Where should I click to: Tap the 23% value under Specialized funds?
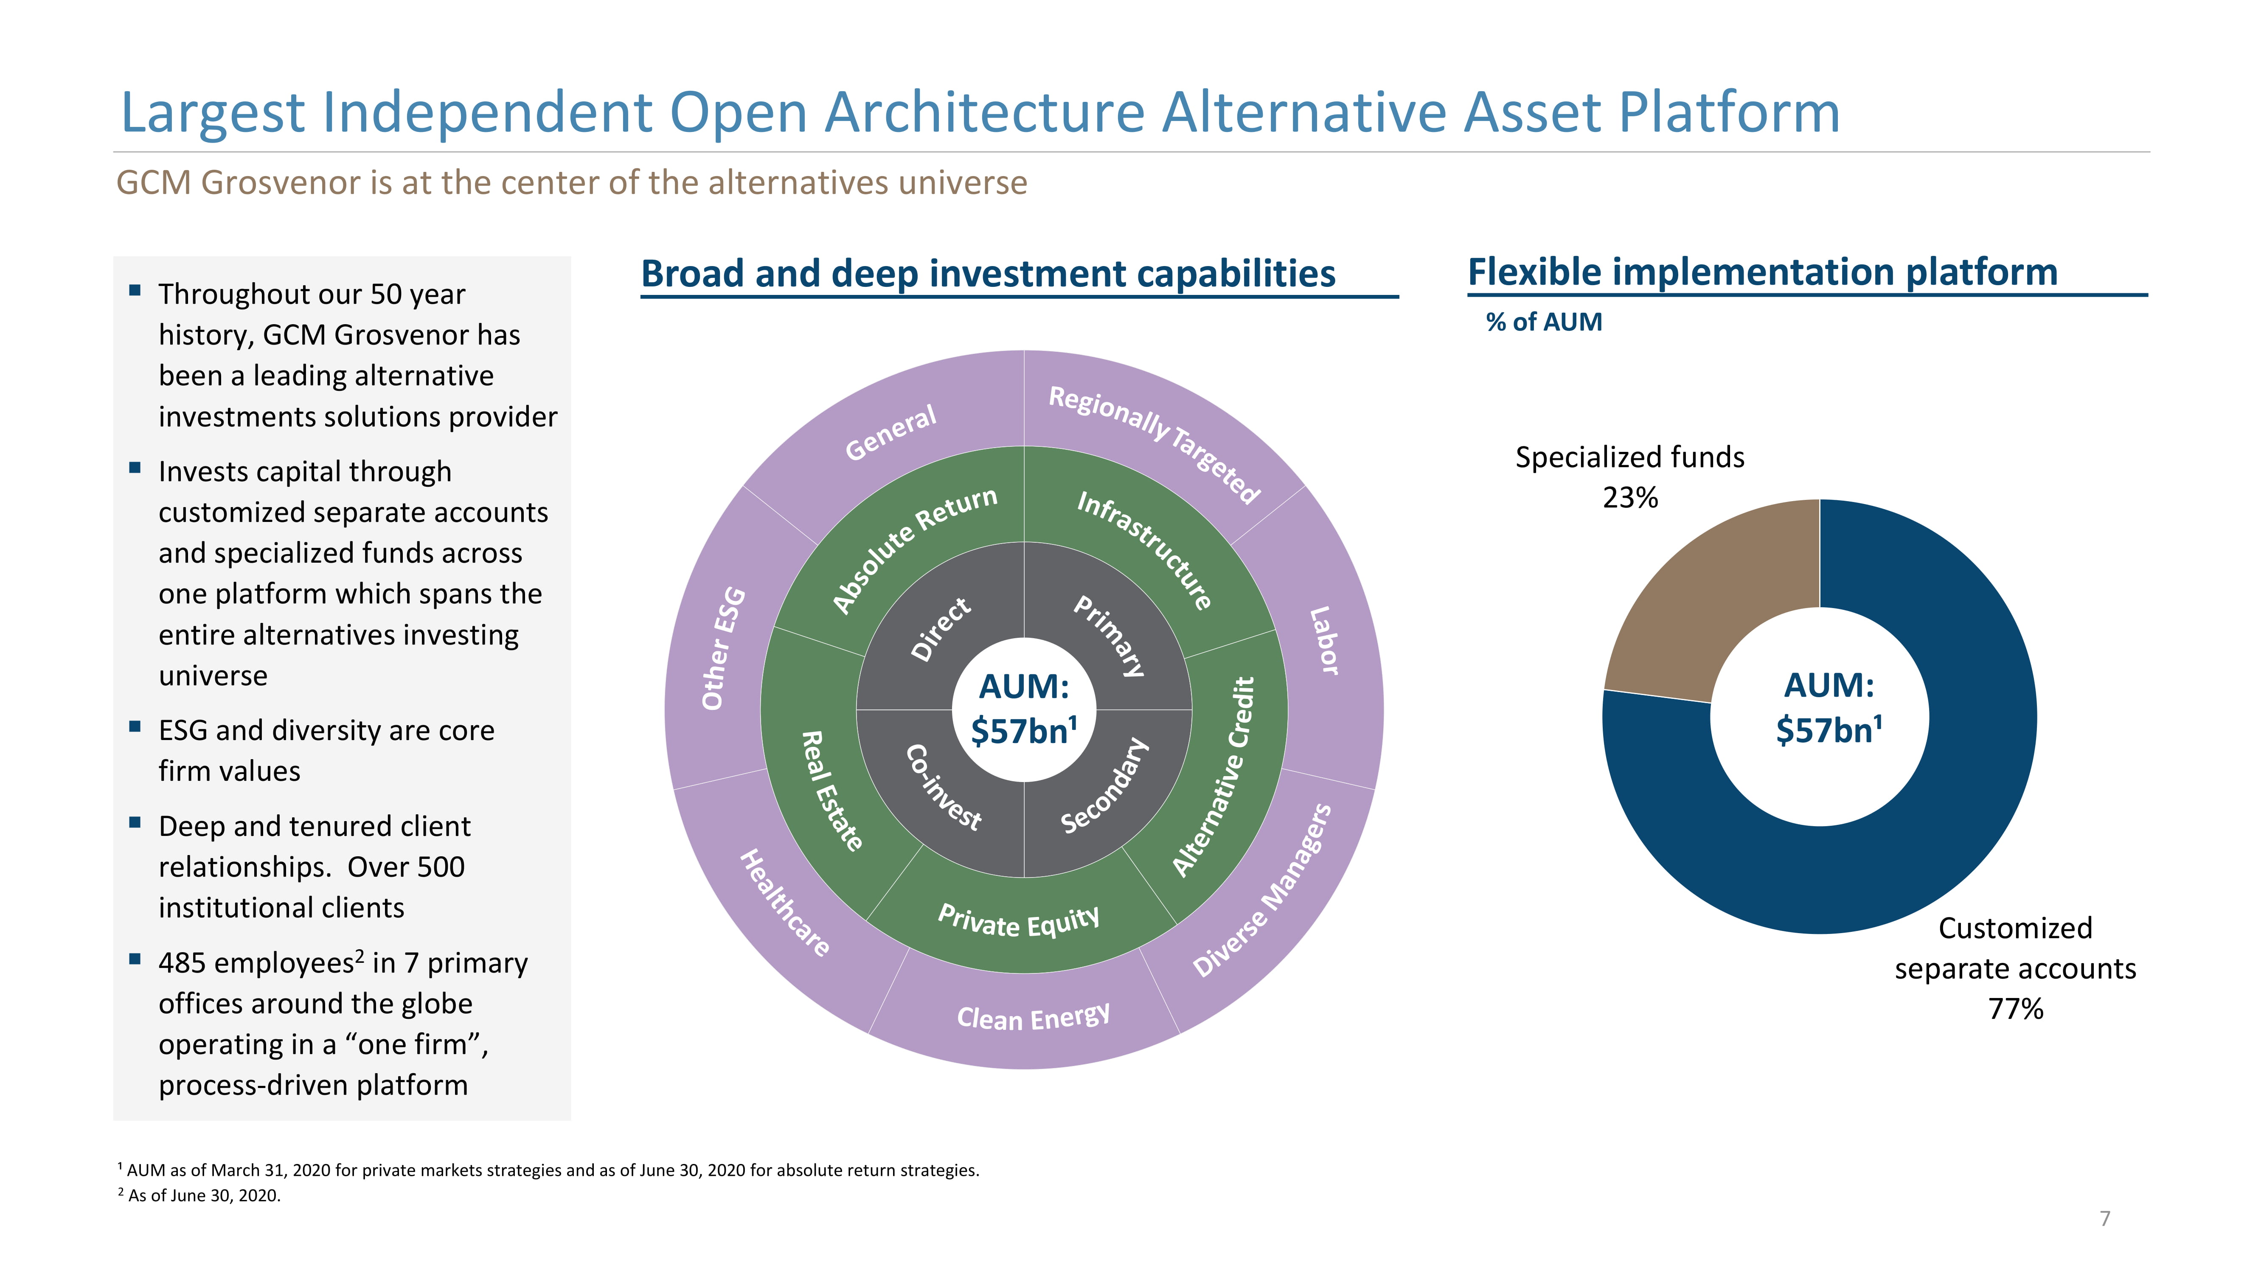click(1630, 498)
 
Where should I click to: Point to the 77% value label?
click(2015, 1009)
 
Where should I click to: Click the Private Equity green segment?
click(1020, 923)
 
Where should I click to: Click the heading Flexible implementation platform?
click(1762, 272)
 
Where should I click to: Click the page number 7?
click(2105, 1219)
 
